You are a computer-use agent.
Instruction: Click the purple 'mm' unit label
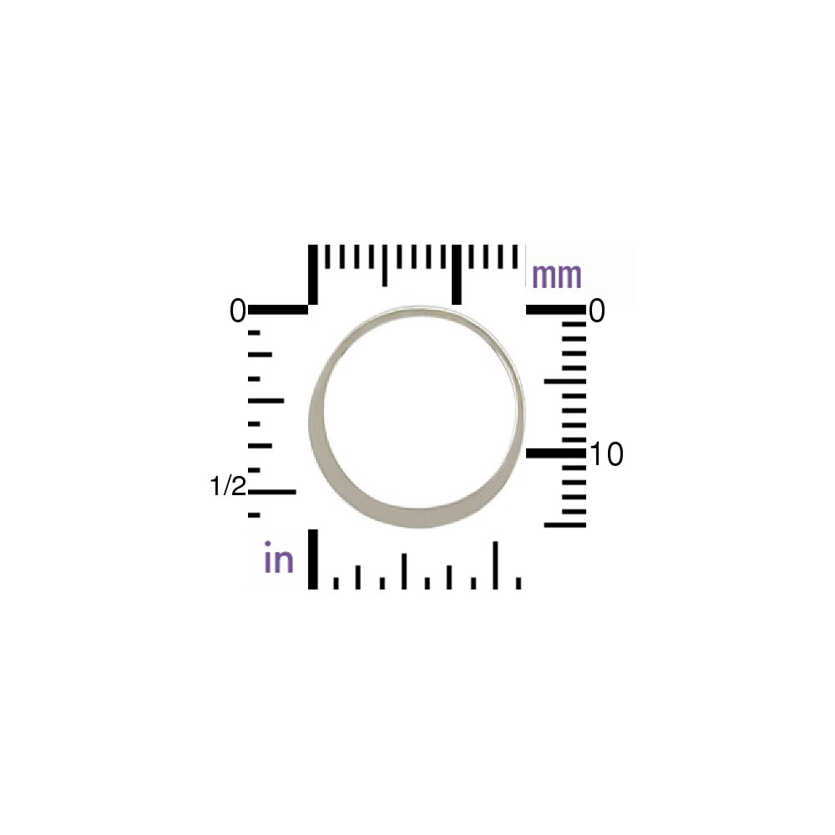556,276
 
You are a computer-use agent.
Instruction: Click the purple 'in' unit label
279,557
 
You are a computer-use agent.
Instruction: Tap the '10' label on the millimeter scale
606,455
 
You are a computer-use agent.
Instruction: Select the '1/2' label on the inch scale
228,486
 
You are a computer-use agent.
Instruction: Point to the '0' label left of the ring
237,311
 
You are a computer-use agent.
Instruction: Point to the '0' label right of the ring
597,311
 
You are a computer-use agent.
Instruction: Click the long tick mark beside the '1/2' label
271,492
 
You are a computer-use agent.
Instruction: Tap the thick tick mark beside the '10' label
556,453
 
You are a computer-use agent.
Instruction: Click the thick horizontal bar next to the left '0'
278,310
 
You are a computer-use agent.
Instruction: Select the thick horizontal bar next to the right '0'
556,310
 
